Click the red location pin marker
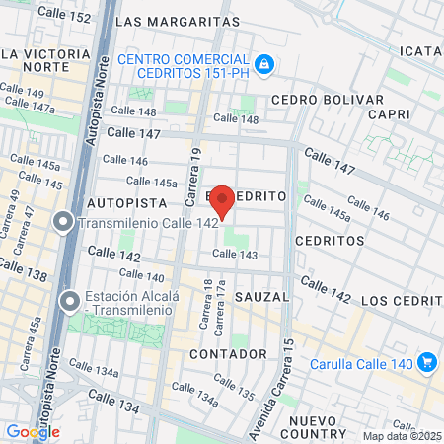tap(223, 200)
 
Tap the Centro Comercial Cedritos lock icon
tap(263, 65)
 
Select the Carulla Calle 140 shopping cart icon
tap(427, 362)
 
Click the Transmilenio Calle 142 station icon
tap(63, 223)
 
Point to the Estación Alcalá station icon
tap(69, 300)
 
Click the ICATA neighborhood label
tap(420, 50)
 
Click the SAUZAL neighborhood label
tap(263, 296)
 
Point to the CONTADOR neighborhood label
tap(229, 352)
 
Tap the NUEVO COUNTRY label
tap(315, 426)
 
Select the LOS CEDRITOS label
tap(402, 299)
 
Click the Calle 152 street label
tap(64, 18)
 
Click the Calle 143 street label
tap(235, 255)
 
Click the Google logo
tap(33, 431)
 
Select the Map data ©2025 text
tap(402, 436)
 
